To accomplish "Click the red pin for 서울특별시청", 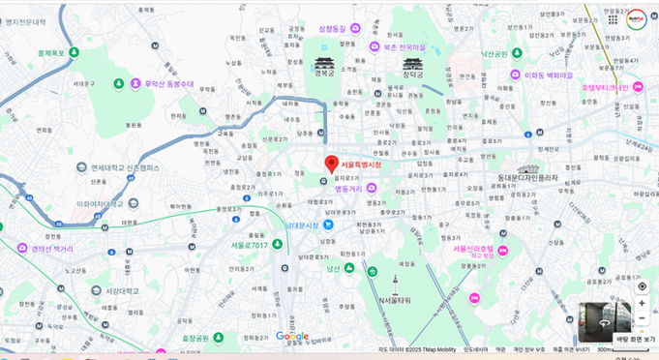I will click(332, 164).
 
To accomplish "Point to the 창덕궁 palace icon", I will click(412, 64).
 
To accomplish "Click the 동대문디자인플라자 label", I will click(527, 177).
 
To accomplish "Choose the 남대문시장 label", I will click(302, 225).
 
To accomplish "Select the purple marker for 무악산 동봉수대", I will click(135, 84).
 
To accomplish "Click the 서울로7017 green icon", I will click(278, 244).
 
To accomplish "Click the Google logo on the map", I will click(291, 336).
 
